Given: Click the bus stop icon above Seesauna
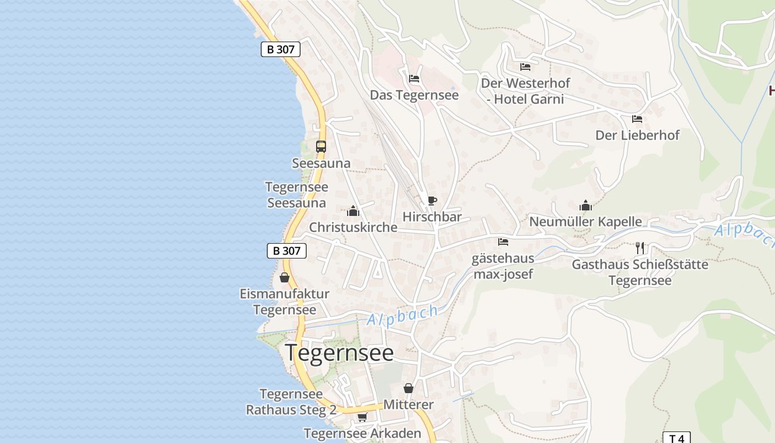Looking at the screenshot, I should [x=321, y=147].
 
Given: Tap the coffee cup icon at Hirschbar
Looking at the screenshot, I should [x=432, y=200].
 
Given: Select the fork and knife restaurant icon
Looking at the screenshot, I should [x=640, y=248].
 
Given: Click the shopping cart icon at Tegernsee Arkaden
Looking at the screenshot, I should [x=362, y=417].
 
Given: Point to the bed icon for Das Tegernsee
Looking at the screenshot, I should [x=414, y=79].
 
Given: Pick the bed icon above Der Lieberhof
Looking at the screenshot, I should [x=637, y=119].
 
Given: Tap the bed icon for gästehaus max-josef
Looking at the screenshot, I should [x=503, y=242].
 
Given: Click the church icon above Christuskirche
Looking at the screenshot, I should [x=353, y=211].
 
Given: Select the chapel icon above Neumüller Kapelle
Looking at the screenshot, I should [x=586, y=205].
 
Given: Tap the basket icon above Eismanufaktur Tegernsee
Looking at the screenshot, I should [x=285, y=277].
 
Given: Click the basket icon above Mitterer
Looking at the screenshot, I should [x=409, y=388].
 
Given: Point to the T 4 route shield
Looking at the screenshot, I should [x=676, y=438].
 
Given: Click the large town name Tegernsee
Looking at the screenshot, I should [x=339, y=353].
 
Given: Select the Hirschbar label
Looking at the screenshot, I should [x=432, y=217].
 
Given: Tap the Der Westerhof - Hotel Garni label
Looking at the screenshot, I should [x=525, y=91].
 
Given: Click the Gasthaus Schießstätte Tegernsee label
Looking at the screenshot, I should [x=640, y=272].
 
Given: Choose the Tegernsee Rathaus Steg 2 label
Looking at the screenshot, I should [x=291, y=402].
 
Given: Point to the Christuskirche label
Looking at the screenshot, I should [x=353, y=228].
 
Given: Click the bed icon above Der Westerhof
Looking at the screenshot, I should [x=525, y=67].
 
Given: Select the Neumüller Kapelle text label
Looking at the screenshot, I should [x=586, y=222].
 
